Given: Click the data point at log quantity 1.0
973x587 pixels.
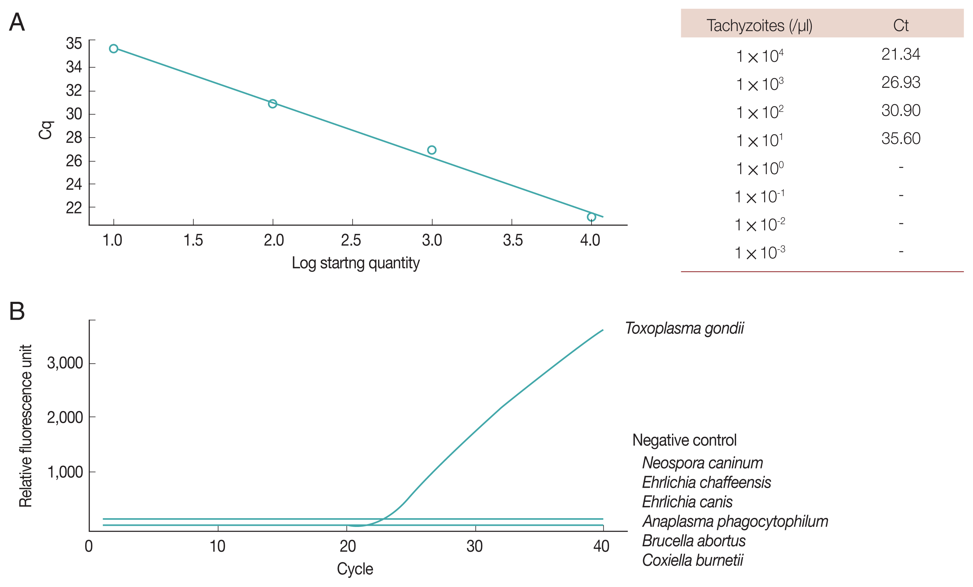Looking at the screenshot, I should click(x=114, y=49).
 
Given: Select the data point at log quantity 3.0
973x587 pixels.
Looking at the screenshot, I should click(x=432, y=150).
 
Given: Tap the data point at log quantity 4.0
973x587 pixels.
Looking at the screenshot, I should click(x=591, y=217).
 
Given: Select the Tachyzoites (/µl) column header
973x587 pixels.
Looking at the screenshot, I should click(x=759, y=26).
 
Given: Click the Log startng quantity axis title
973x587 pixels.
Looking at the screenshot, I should click(x=356, y=263).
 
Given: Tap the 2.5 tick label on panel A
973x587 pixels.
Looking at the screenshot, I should click(x=351, y=240).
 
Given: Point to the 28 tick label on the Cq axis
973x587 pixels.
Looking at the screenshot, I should click(x=74, y=137).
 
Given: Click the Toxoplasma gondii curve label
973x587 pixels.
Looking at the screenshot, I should click(x=684, y=328).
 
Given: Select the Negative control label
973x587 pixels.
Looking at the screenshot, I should click(x=684, y=440).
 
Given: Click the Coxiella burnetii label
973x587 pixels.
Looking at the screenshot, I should click(x=693, y=560).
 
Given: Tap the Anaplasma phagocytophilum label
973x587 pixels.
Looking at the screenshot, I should click(x=735, y=522).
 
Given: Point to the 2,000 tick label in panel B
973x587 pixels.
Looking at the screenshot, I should click(x=65, y=417).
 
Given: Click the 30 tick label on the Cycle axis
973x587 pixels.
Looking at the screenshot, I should click(x=475, y=546).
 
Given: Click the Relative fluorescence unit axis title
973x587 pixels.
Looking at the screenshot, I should click(x=26, y=426).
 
